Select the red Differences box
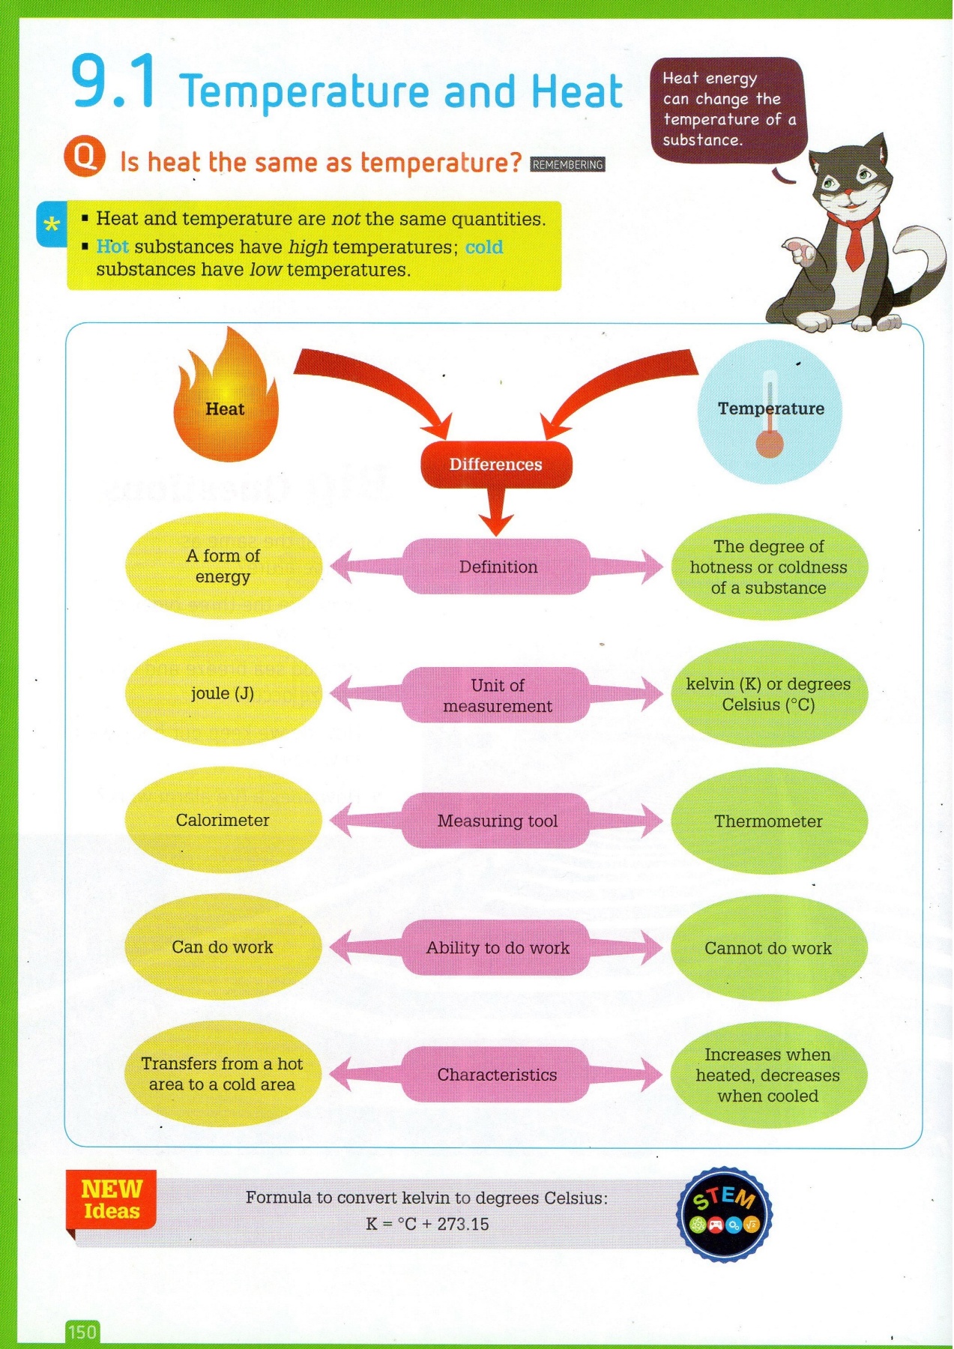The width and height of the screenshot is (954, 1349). [x=496, y=465]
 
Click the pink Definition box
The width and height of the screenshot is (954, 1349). [x=498, y=567]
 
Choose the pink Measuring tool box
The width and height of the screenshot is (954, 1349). [x=497, y=821]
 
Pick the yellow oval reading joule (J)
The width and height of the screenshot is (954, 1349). [x=223, y=693]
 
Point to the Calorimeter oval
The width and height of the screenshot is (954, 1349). [x=223, y=820]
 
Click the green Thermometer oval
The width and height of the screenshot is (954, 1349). [x=768, y=821]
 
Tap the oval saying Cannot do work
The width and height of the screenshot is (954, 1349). [x=768, y=948]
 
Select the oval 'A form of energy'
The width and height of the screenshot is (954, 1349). [x=223, y=566]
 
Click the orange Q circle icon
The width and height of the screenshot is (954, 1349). [x=85, y=157]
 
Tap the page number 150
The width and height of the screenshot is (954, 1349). [x=82, y=1332]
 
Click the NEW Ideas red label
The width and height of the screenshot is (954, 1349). [x=111, y=1200]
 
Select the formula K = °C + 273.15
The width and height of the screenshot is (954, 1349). [x=427, y=1224]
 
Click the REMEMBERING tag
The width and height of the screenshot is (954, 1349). [x=567, y=165]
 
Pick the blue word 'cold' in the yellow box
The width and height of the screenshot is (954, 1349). [x=484, y=247]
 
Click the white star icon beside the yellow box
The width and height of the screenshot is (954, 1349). [x=52, y=224]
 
